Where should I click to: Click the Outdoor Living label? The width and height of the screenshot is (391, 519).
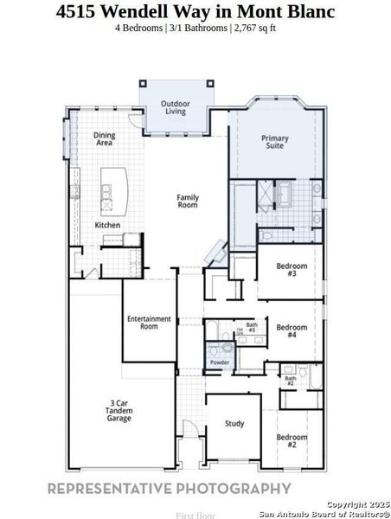[x=176, y=108]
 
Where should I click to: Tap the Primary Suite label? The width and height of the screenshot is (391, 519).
[x=275, y=143]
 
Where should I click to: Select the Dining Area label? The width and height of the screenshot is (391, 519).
[x=105, y=138]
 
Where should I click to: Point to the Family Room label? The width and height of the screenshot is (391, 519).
[x=188, y=202]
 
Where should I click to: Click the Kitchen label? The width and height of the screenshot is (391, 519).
[x=107, y=226]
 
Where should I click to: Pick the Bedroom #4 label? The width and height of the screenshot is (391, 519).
[x=291, y=331]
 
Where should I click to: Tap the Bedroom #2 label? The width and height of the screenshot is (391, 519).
[x=292, y=441]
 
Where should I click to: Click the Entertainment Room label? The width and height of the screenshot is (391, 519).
[x=149, y=323]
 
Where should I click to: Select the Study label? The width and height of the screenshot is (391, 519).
[x=234, y=424]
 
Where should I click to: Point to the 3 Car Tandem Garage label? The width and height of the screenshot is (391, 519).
[x=119, y=411]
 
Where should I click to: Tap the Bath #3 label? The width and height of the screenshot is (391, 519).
[x=251, y=328]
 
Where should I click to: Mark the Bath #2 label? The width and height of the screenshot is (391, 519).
[x=291, y=380]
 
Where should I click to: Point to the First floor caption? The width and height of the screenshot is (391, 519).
[x=195, y=515]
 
